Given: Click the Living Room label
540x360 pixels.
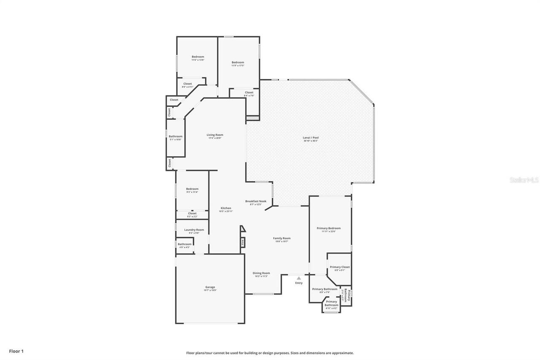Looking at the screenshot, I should (215, 135).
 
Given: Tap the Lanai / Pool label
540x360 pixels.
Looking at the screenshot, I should (310, 138).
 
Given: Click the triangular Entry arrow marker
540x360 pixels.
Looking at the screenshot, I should (299, 278).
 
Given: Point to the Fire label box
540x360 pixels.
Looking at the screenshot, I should (242, 242).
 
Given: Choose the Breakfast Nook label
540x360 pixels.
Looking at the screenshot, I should (256, 201).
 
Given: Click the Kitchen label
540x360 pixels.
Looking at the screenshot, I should (226, 208).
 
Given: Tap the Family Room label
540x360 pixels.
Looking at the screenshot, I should (281, 238).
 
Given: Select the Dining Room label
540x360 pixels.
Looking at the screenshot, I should (261, 273).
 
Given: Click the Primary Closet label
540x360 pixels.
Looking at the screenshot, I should (340, 267).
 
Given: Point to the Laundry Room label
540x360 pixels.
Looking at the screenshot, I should (194, 230).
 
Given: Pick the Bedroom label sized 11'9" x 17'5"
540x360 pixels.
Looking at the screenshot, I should (238, 62).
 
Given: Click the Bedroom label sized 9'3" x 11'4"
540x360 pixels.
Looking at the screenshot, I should (192, 189).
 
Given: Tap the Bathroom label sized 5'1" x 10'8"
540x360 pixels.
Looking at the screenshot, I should (175, 136).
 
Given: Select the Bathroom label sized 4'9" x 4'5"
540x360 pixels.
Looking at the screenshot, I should (184, 244).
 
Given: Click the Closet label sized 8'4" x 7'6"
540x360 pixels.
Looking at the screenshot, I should (249, 92).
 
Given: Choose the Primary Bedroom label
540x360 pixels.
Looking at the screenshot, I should (329, 228).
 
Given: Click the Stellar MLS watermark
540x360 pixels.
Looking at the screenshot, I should (524, 180).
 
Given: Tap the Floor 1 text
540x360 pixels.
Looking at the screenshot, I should (16, 351).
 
